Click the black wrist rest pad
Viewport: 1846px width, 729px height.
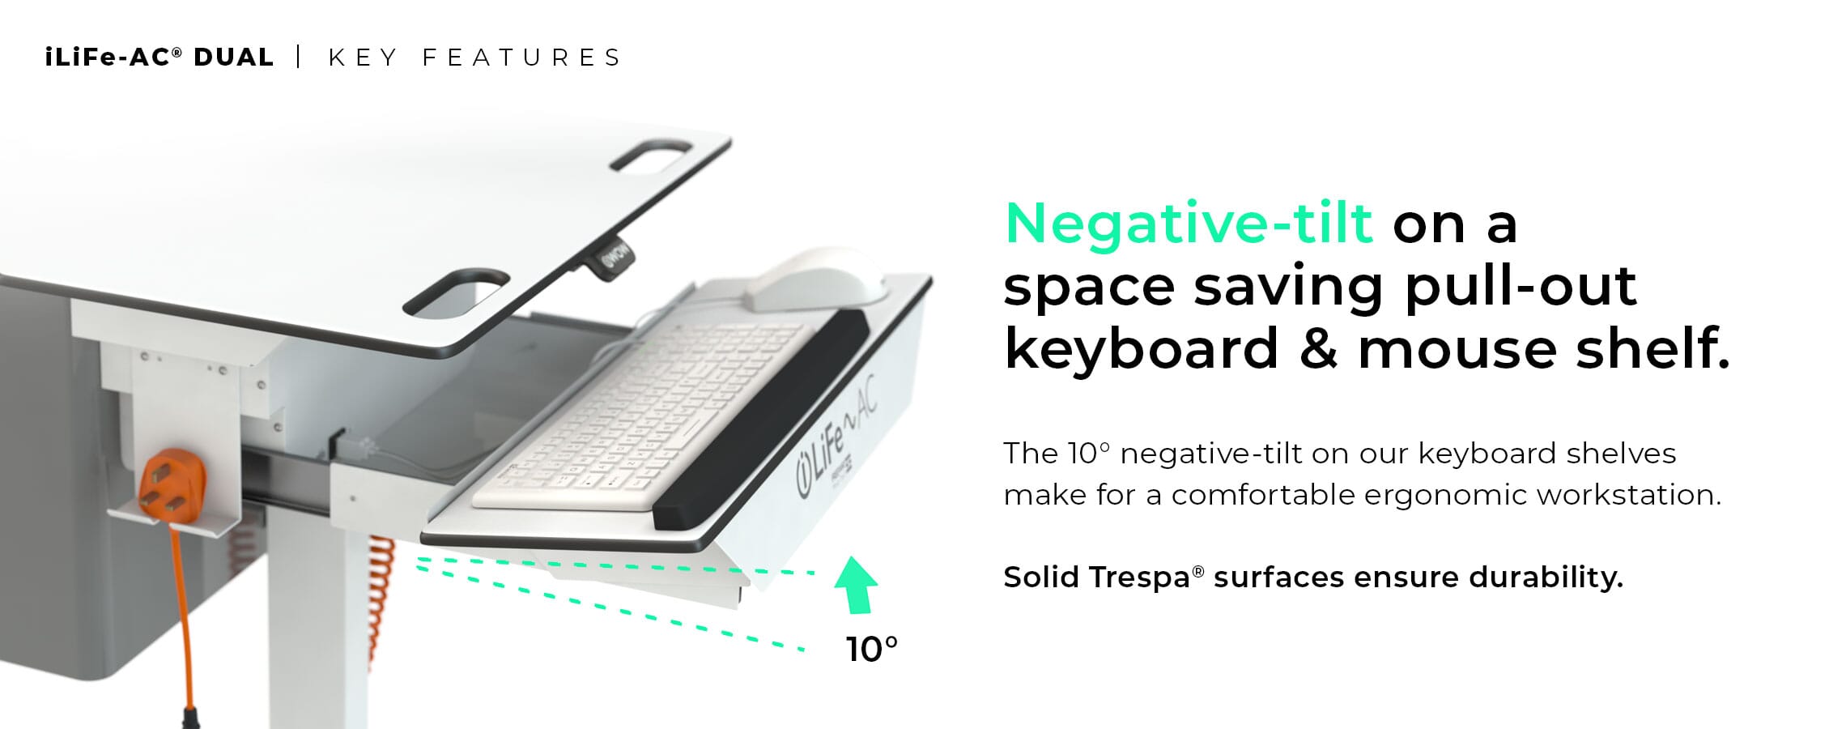[761, 417]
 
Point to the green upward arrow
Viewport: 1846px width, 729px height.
[856, 584]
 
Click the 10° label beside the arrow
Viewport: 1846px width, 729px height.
[872, 650]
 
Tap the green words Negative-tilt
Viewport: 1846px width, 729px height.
[1189, 224]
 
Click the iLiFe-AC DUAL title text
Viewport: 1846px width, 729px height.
[160, 58]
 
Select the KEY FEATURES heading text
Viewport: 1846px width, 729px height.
[474, 58]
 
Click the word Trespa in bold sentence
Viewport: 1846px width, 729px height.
[1140, 578]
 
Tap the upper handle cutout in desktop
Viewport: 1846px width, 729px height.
[651, 156]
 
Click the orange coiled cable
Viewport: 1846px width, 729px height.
[381, 599]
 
